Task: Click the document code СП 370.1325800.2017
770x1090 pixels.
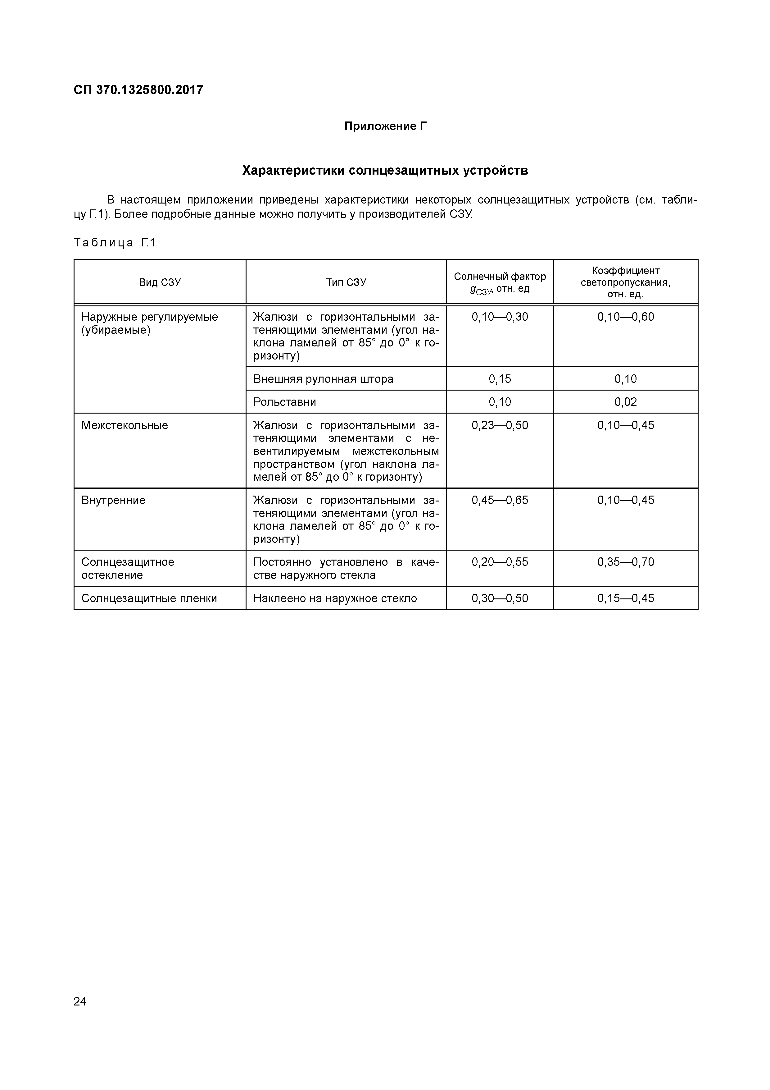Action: pyautogui.click(x=138, y=90)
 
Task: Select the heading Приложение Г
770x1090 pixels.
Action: pyautogui.click(x=385, y=126)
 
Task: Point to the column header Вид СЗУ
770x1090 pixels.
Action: pyautogui.click(x=160, y=282)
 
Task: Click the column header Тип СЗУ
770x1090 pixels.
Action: pyautogui.click(x=346, y=282)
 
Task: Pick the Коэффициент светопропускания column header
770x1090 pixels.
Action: pyautogui.click(x=625, y=282)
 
